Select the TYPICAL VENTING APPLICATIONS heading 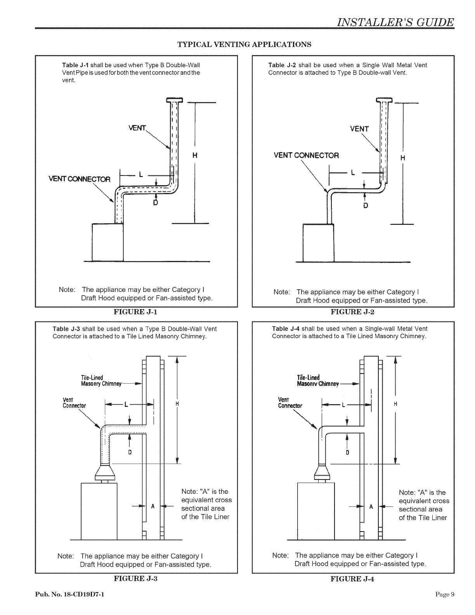pos(244,44)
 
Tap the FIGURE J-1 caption pos(135,311)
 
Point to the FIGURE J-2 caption pos(353,311)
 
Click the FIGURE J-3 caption pos(135,579)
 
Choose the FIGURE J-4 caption pos(352,579)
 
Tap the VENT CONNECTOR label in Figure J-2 pos(306,156)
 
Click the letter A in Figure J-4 pos(371,507)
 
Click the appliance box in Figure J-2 pos(318,243)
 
